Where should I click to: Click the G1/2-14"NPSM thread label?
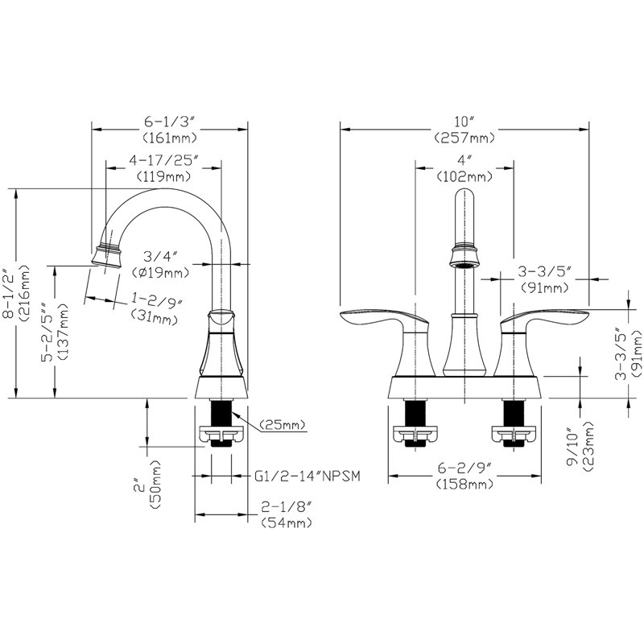point(308,476)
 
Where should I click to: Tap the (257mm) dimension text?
point(464,138)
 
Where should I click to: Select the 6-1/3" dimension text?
point(169,122)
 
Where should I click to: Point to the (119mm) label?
point(164,176)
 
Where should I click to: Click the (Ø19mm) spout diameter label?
point(160,272)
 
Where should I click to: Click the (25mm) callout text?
point(283,425)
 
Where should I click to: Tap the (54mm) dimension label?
point(287,522)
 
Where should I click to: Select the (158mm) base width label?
point(464,485)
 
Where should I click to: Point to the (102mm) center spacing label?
point(464,176)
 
